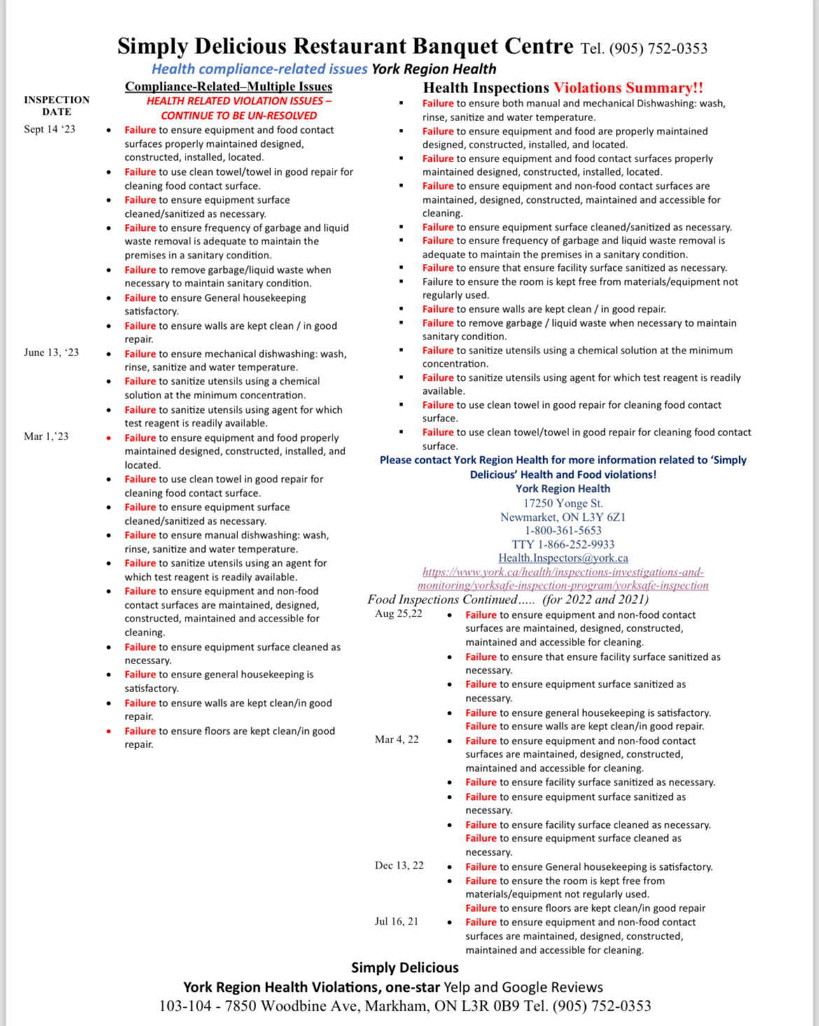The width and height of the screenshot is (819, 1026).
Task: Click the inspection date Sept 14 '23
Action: point(49,129)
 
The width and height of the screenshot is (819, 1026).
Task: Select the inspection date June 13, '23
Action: point(51,353)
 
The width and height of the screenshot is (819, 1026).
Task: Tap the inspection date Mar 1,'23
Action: point(46,437)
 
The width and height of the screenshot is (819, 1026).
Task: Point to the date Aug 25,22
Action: point(398,614)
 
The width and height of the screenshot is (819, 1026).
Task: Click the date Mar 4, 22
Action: point(396,740)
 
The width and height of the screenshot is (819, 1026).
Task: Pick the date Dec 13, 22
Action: point(399,866)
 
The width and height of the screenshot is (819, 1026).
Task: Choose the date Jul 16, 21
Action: point(396,922)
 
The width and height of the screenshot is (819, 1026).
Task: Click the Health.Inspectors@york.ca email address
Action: point(563,558)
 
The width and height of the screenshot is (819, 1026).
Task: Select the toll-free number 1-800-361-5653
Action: point(563,530)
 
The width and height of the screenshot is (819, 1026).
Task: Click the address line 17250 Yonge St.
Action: point(563,503)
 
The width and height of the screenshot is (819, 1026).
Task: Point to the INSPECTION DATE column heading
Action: point(57,106)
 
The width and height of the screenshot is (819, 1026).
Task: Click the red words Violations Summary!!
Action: point(628,88)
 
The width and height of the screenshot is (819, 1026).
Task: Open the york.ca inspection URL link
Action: point(563,579)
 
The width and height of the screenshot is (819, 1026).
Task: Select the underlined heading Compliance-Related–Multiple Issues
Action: point(228,87)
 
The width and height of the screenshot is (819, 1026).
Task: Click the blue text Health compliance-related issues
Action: point(259,69)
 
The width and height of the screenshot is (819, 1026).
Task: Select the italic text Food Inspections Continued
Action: point(442,600)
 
